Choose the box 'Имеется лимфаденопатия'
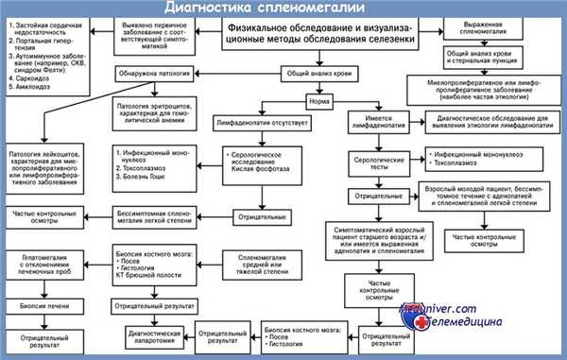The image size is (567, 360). [381, 121]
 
